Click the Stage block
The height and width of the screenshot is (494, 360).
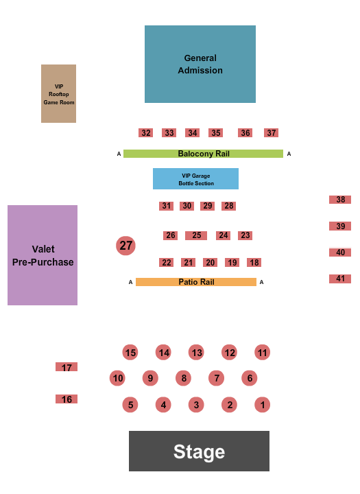(x=199, y=451)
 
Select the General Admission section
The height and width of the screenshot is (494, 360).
(x=200, y=64)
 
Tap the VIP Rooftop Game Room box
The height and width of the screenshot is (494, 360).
(x=58, y=93)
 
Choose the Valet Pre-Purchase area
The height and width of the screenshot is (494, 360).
(x=43, y=255)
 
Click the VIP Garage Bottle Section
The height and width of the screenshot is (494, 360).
(x=195, y=178)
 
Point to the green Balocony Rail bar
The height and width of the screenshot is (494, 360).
(x=203, y=154)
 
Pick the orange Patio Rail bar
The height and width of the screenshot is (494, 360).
(x=196, y=282)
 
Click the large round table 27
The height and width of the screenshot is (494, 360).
(x=125, y=245)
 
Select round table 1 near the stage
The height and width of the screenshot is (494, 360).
(x=263, y=405)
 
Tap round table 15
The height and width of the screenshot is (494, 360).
(x=130, y=353)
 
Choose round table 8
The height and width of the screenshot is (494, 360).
(x=183, y=378)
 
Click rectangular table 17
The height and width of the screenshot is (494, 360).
(x=67, y=368)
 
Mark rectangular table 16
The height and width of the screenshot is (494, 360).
(x=67, y=399)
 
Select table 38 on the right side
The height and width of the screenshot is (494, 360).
(x=340, y=200)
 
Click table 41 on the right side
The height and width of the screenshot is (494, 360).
(x=340, y=279)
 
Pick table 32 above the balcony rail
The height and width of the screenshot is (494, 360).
(x=145, y=133)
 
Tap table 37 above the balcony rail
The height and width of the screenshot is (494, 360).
(x=272, y=133)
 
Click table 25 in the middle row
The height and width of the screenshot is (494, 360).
(x=196, y=235)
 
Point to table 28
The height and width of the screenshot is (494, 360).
(x=229, y=206)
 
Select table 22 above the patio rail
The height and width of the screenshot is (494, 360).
(x=166, y=263)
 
